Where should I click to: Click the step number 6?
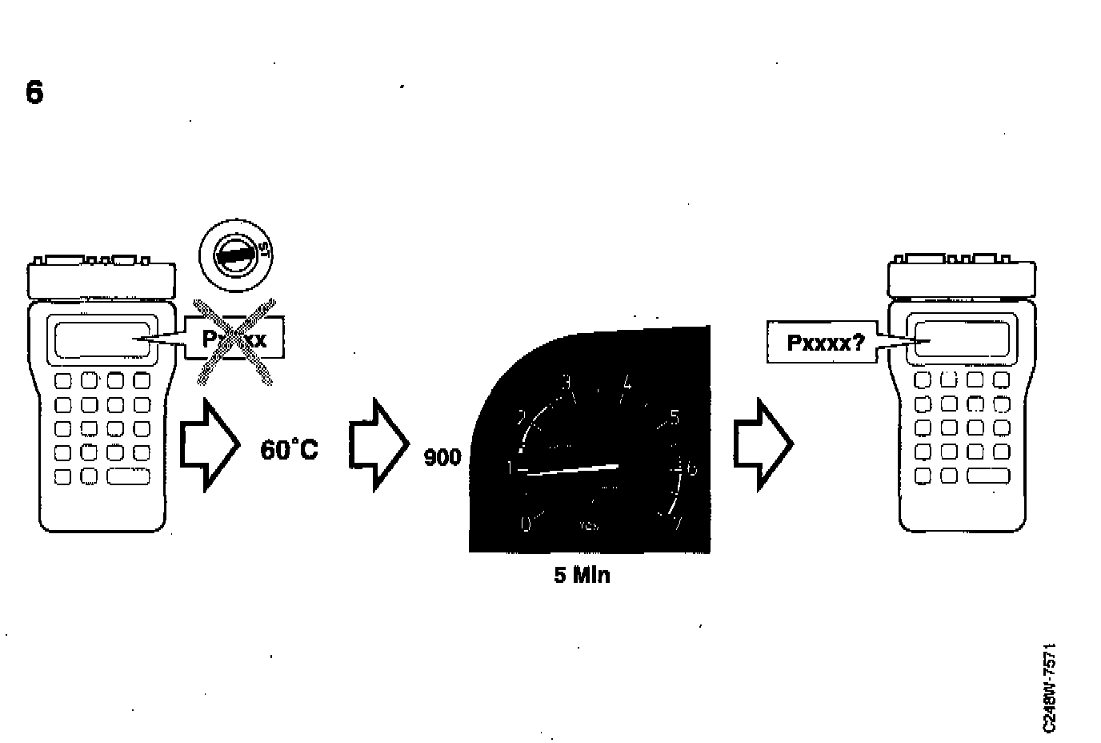pos(34,93)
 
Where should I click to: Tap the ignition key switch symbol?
pos(236,256)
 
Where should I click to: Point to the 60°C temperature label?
pos(289,450)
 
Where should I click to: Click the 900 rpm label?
pos(442,458)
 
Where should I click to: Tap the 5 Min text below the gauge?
pos(582,575)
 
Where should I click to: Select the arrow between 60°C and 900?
pos(379,444)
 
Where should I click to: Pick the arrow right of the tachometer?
pos(763,444)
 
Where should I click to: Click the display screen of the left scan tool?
pos(102,339)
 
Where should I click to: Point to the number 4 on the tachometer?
pos(627,385)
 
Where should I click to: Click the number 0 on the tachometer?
pos(526,524)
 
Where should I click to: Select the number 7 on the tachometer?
pos(678,524)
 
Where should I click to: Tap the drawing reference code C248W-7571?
pos(1050,686)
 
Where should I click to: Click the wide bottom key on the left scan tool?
pos(129,476)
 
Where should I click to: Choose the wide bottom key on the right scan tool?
pos(988,476)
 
